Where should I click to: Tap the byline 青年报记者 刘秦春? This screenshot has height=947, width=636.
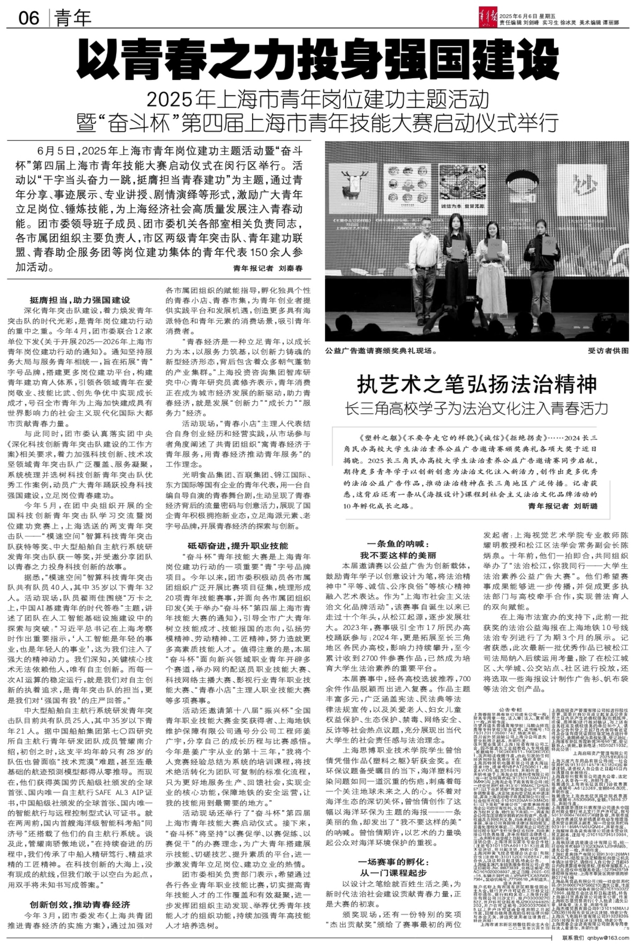click(268, 268)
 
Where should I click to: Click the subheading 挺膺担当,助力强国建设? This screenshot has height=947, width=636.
click(80, 300)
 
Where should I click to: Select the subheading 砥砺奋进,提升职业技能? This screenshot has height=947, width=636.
click(238, 545)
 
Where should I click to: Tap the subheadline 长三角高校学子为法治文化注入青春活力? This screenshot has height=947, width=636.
click(477, 409)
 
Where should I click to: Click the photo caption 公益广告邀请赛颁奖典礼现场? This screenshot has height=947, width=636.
click(381, 351)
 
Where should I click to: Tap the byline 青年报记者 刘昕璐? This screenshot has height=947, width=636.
click(563, 506)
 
